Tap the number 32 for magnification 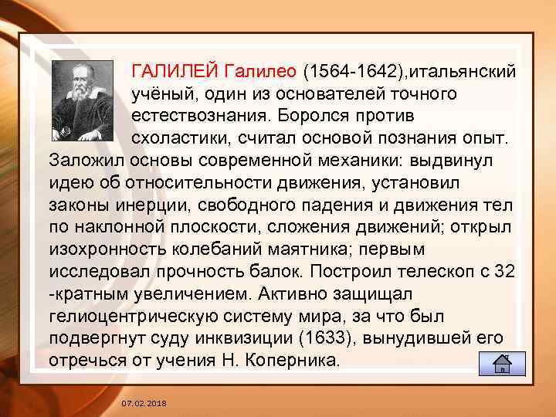(503, 273)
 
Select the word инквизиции (266, 339)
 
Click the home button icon (503, 362)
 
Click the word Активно (294, 295)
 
